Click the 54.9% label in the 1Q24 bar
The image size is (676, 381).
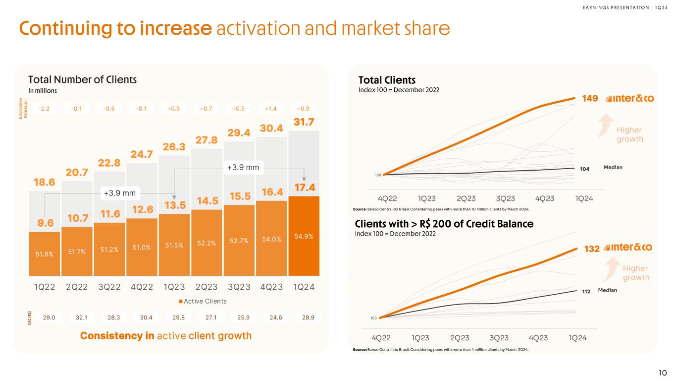pos(304,236)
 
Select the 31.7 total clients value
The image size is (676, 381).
pos(304,122)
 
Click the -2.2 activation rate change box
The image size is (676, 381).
pos(45,109)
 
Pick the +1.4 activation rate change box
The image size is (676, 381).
pos(272,109)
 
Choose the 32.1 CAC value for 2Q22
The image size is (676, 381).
pos(77,317)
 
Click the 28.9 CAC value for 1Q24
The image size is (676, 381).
pos(304,317)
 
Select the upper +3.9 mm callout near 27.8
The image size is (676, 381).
pos(243,167)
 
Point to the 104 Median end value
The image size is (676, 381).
pos(584,169)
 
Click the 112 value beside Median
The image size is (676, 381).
pos(586,292)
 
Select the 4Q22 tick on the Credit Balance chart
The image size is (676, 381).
pos(381,338)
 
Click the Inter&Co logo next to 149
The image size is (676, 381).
pos(630,98)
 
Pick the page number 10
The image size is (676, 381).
pos(663,373)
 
